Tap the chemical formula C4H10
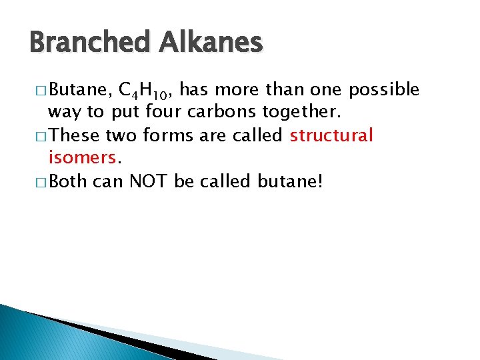[x=145, y=91]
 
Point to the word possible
[x=385, y=90]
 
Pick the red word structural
[x=331, y=136]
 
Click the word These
[x=75, y=136]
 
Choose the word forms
[x=170, y=136]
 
